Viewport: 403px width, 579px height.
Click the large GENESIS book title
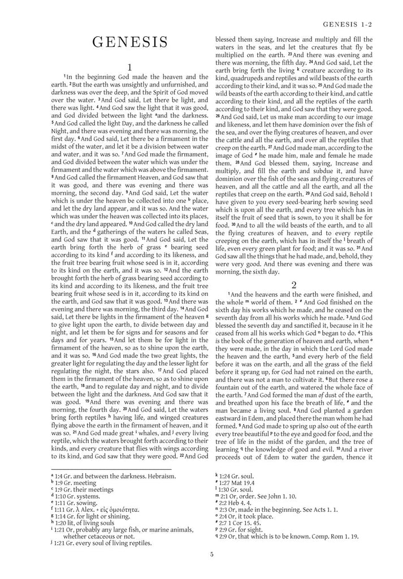pyautogui.click(x=129, y=43)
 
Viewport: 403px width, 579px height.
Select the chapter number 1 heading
pyautogui.click(x=129, y=67)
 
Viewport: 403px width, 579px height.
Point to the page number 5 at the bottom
pyautogui.click(x=211, y=554)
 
